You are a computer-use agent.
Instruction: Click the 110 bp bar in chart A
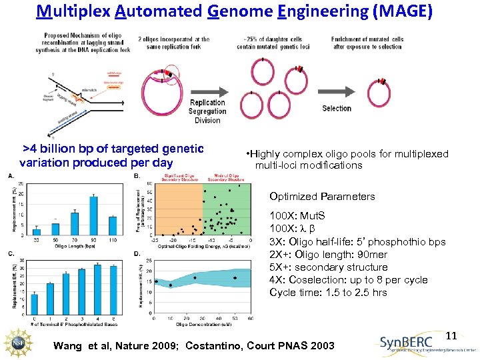tap(113, 225)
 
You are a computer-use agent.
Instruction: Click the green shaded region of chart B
tap(226, 207)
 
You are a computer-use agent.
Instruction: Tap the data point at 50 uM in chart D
tap(235, 277)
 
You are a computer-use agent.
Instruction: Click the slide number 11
tap(451, 335)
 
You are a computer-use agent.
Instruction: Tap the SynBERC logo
tap(427, 343)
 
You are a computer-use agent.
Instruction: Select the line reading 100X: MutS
tap(297, 216)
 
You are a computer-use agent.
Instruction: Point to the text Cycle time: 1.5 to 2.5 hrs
tap(328, 293)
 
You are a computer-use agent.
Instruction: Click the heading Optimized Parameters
tap(322, 197)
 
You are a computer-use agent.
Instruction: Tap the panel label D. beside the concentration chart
tap(137, 254)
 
